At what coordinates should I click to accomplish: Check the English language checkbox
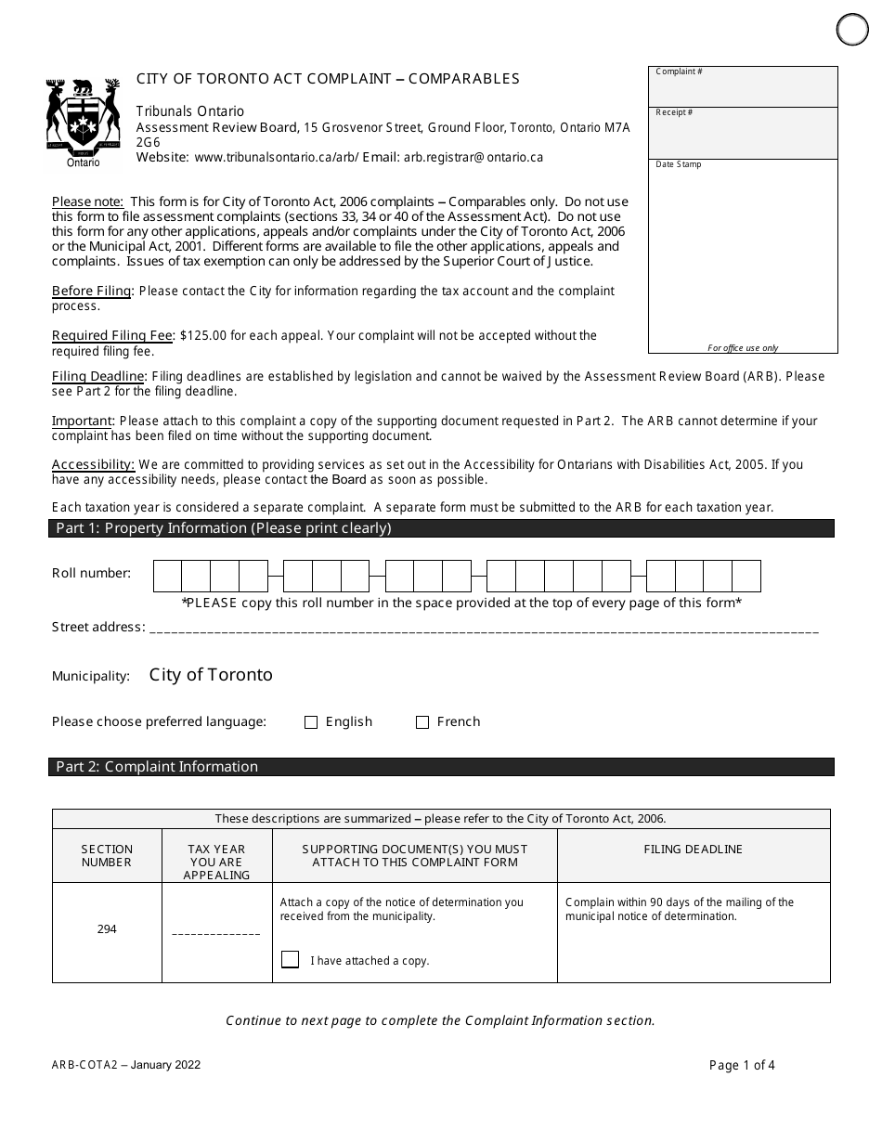311,722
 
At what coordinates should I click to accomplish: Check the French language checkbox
422,722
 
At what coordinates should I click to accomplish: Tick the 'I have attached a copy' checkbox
290,960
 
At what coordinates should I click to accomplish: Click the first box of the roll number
167,576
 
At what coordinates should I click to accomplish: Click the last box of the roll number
746,576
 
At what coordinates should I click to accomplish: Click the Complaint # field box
743,86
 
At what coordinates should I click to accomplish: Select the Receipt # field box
743,133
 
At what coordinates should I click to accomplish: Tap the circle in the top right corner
852,30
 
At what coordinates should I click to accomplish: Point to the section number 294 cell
107,929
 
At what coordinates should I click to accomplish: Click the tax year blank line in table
216,932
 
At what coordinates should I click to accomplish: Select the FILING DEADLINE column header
693,850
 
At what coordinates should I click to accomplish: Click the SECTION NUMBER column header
107,855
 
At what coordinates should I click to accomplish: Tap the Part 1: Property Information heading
224,528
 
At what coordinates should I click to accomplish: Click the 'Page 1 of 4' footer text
742,1065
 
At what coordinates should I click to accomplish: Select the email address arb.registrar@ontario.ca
473,158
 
